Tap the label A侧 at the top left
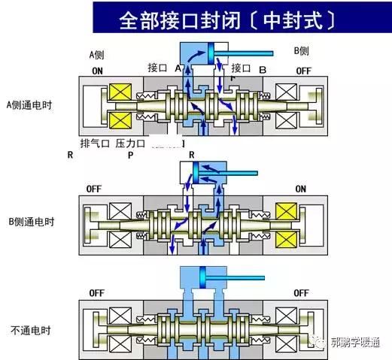click(x=97, y=54)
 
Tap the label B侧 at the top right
click(x=301, y=52)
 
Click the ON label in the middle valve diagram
click(x=300, y=189)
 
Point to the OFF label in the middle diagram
click(x=94, y=189)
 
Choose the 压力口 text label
click(x=129, y=142)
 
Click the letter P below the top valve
click(x=130, y=156)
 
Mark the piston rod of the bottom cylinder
click(x=228, y=279)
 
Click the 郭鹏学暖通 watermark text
click(x=358, y=343)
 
